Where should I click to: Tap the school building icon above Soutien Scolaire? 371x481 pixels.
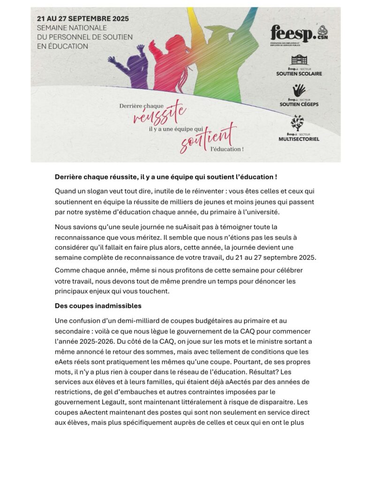click(299, 60)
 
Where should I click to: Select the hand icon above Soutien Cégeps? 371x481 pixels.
click(299, 90)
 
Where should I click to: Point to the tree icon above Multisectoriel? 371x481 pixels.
click(298, 123)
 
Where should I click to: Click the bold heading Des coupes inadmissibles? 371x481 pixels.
click(98, 306)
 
